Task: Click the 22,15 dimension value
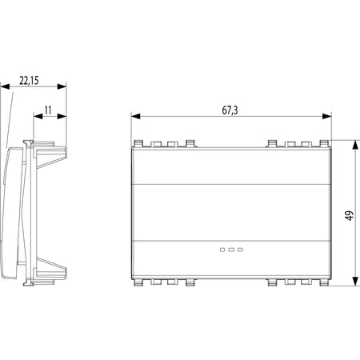(x=29, y=81)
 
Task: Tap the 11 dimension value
(x=48, y=110)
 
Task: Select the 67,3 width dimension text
(x=230, y=110)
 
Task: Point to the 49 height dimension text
(x=350, y=215)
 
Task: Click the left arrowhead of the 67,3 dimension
(x=136, y=116)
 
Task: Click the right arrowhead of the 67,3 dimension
(x=326, y=116)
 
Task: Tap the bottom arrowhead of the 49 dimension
(x=355, y=282)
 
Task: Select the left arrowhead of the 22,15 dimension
(x=5, y=86)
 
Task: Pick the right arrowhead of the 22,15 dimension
(x=62, y=86)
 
